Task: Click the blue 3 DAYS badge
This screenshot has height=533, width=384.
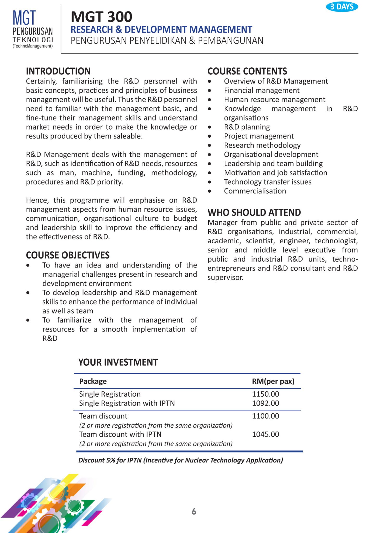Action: tap(342, 7)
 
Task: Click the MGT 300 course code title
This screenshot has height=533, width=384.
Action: tap(102, 17)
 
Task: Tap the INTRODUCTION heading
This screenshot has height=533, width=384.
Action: tap(58, 71)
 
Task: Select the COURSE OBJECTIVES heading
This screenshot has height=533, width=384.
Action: tap(68, 255)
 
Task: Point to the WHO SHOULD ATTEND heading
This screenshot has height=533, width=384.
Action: tap(254, 213)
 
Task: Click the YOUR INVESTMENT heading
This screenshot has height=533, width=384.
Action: tap(118, 362)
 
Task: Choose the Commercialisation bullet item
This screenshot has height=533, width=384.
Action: tap(255, 191)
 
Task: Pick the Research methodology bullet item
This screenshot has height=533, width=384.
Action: tap(262, 145)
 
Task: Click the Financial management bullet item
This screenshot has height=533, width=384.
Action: tap(262, 90)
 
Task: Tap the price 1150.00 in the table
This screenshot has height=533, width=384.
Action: tap(265, 394)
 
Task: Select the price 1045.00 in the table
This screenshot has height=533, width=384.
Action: tap(265, 434)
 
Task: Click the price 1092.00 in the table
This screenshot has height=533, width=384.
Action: tap(265, 403)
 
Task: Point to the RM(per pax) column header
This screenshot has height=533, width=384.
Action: tap(273, 381)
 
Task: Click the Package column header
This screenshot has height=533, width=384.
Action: tap(93, 381)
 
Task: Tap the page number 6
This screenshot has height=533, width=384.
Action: tap(194, 511)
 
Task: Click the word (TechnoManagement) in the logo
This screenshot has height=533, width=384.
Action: tap(33, 46)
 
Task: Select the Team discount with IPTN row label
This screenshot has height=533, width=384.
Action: tap(120, 434)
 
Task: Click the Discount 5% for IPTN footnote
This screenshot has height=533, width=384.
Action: tap(180, 460)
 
